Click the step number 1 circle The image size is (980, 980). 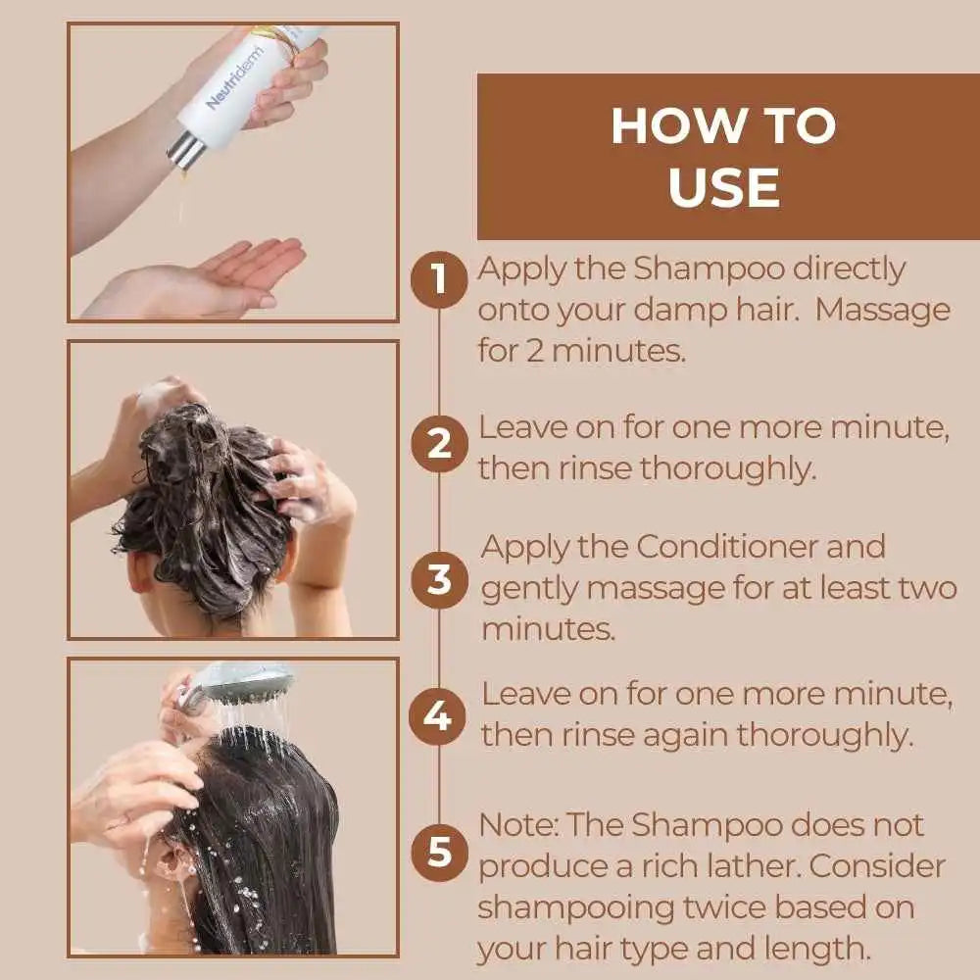(x=439, y=279)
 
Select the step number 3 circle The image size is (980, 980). (x=439, y=579)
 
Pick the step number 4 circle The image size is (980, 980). (x=437, y=716)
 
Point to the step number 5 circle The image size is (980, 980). (x=439, y=853)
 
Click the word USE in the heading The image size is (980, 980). (x=724, y=187)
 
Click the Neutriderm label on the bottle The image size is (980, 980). (x=235, y=78)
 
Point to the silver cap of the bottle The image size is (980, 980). (x=185, y=151)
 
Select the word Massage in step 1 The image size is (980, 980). (x=883, y=312)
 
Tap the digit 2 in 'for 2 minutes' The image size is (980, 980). (x=535, y=351)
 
